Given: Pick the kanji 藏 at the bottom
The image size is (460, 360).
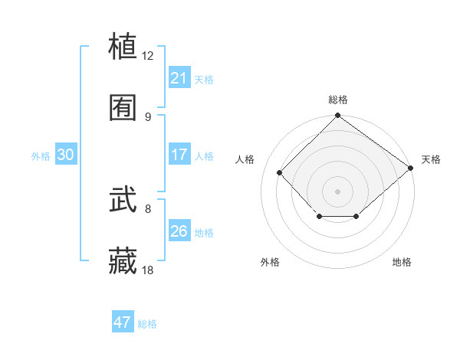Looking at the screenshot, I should tap(123, 262).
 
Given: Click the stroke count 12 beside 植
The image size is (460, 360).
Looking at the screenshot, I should tap(148, 56).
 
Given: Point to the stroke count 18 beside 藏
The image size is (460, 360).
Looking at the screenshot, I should tap(148, 270).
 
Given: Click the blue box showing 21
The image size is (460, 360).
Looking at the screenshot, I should tap(179, 78).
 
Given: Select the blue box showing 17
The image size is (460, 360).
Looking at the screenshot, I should tap(179, 155).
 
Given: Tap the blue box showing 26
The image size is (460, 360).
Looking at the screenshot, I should tap(179, 231).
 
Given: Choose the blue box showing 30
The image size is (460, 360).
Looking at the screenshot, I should tap(66, 155).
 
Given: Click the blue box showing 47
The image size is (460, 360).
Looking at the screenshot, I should tap(123, 322).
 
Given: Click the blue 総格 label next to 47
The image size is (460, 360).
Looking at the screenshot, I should tap(147, 324).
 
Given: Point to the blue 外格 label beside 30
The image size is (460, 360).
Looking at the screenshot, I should tap(41, 156).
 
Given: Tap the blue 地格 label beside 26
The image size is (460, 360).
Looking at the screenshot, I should tap(204, 233).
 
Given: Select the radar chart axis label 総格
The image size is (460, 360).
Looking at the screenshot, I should tap(337, 100).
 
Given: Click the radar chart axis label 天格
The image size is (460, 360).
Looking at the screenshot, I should tap(431, 159).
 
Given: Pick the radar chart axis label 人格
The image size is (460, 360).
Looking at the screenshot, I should tap(245, 159).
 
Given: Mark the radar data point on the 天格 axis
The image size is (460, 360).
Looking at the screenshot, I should tap(411, 168).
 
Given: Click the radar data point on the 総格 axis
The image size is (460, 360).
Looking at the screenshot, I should tap(337, 116).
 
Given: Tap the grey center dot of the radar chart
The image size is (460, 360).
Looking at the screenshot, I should tap(337, 191).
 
